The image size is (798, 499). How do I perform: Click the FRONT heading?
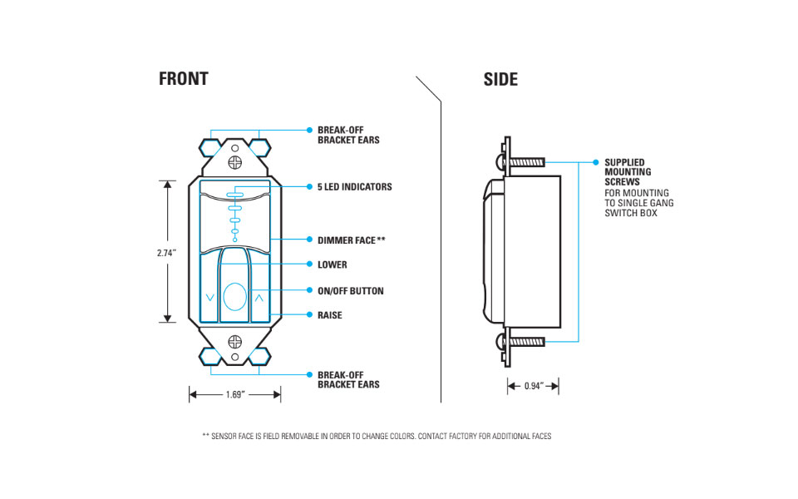point(183,79)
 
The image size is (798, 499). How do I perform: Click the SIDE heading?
point(500,79)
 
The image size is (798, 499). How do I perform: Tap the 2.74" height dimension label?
point(167,252)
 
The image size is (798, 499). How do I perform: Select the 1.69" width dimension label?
point(234,395)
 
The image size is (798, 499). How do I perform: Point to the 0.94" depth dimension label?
point(533,386)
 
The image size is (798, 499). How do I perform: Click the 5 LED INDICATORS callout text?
point(354,187)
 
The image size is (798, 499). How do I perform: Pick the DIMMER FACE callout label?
point(351,240)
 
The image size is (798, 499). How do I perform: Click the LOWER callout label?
point(332,264)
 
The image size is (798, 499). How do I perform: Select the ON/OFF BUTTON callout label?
point(350,291)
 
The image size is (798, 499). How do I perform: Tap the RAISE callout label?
point(329,315)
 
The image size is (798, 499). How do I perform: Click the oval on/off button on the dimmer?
point(235,297)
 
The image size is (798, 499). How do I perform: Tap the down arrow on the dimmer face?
point(209,297)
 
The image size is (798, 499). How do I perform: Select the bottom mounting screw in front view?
point(235,341)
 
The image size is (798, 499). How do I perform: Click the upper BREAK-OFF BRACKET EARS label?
point(347,135)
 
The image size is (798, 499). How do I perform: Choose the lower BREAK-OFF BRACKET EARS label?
point(347,379)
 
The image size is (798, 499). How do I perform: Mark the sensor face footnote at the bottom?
point(377,436)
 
